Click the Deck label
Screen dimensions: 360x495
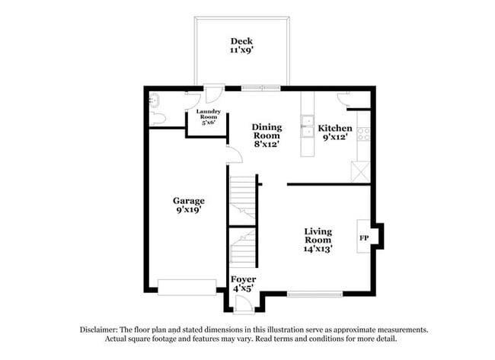241,40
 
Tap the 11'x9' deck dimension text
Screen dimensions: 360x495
241,50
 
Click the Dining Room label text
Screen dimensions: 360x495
267,127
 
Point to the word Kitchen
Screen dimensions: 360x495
335,128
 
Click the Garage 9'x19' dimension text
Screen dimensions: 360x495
188,210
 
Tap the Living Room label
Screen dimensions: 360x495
318,236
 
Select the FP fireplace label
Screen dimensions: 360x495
364,237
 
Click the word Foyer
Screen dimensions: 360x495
244,279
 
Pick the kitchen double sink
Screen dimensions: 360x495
308,126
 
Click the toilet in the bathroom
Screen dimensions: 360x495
158,119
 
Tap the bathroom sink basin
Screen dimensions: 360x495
155,99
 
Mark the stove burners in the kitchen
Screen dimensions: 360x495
363,134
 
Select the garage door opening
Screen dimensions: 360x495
187,287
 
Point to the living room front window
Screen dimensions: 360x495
315,294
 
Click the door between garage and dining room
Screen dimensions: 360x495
234,155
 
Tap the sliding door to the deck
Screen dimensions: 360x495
261,88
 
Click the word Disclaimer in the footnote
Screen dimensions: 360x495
104,330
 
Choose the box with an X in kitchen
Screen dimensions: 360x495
360,171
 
